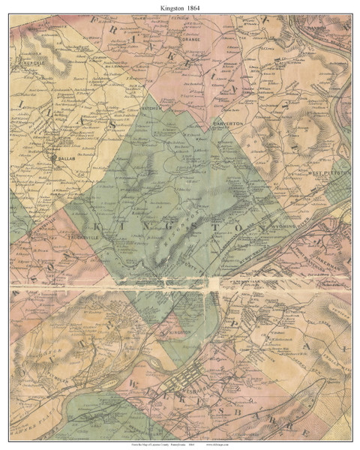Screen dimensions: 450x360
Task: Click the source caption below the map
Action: tap(179, 443)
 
